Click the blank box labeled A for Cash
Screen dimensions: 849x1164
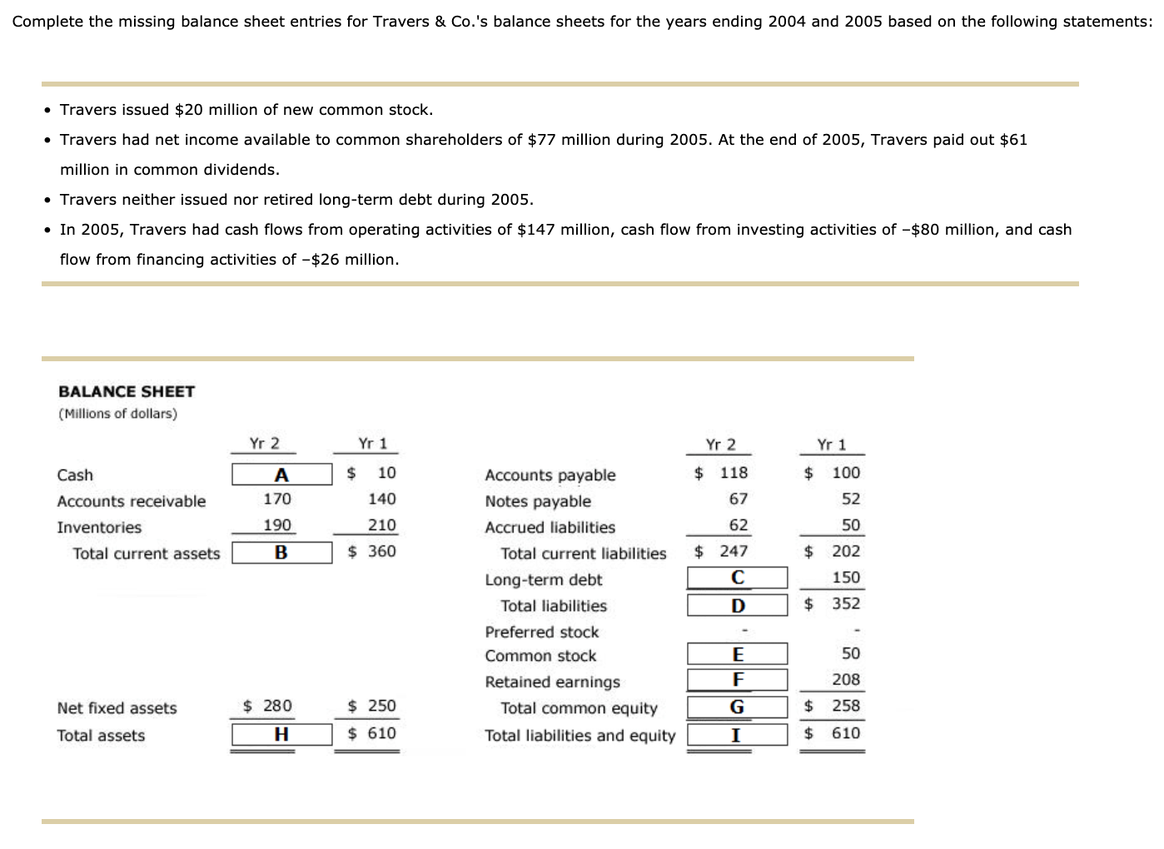pyautogui.click(x=281, y=474)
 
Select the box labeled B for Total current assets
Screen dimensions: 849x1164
pyautogui.click(x=281, y=553)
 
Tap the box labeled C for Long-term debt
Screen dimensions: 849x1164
pyautogui.click(x=737, y=578)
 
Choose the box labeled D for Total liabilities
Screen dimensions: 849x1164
pyautogui.click(x=737, y=605)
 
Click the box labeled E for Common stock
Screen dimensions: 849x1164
pyautogui.click(x=737, y=654)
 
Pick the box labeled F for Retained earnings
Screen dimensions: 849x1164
pyautogui.click(x=737, y=680)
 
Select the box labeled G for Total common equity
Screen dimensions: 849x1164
pyautogui.click(x=737, y=707)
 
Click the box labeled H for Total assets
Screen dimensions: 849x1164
pyautogui.click(x=281, y=734)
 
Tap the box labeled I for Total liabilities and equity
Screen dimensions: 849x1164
pyautogui.click(x=737, y=735)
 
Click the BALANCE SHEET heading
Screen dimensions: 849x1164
pyautogui.click(x=127, y=391)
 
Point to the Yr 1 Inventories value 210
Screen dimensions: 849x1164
pyautogui.click(x=381, y=525)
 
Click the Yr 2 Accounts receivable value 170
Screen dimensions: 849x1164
pyautogui.click(x=277, y=499)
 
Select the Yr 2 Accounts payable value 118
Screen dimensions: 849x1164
pyautogui.click(x=733, y=473)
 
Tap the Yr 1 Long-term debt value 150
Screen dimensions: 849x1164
pyautogui.click(x=846, y=578)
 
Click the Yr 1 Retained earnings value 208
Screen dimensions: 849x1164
pyautogui.click(x=846, y=679)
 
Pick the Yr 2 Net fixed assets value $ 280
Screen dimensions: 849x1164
pyautogui.click(x=267, y=706)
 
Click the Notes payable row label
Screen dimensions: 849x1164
pyautogui.click(x=538, y=501)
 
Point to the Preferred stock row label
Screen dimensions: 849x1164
pyautogui.click(x=541, y=632)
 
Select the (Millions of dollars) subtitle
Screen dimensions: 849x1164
pyautogui.click(x=117, y=414)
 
